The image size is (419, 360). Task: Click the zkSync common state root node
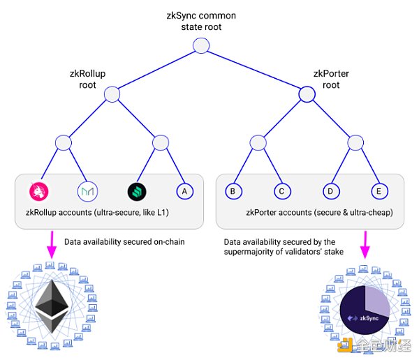pos(201,46)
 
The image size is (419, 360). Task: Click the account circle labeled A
pos(184,190)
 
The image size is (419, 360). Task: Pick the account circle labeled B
pos(233,190)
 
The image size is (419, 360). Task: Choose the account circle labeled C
pos(280,190)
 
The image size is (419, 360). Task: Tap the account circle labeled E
pos(377,190)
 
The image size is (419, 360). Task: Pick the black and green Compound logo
pos(136,190)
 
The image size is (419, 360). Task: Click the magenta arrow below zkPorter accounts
pos(363,246)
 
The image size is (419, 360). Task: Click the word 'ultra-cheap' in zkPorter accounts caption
pos(369,211)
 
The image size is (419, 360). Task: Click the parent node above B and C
pos(258,142)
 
